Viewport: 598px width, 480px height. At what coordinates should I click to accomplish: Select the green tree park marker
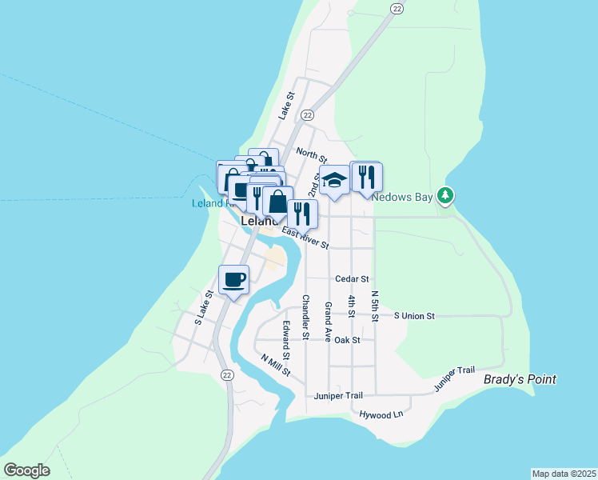pyautogui.click(x=446, y=195)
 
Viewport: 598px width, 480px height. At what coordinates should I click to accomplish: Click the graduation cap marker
pyautogui.click(x=335, y=180)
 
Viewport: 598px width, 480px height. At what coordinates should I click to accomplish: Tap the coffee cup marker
pyautogui.click(x=233, y=280)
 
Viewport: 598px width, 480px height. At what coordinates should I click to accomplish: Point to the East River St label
pyautogui.click(x=305, y=238)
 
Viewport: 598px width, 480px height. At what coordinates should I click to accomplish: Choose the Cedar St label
pyautogui.click(x=352, y=279)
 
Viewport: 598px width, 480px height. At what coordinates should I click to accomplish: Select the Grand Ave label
pyautogui.click(x=328, y=318)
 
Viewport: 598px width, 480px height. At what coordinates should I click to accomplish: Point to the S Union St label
pyautogui.click(x=414, y=316)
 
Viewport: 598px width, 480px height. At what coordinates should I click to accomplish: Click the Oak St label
pyautogui.click(x=348, y=340)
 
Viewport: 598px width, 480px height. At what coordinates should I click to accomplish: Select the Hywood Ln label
pyautogui.click(x=381, y=415)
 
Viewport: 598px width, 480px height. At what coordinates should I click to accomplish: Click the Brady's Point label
pyautogui.click(x=520, y=379)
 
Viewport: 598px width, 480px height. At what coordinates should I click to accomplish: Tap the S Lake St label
pyautogui.click(x=204, y=308)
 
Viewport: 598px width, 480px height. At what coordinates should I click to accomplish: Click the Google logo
pyautogui.click(x=26, y=470)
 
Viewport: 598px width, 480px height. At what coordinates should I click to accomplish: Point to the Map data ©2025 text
pyautogui.click(x=564, y=474)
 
